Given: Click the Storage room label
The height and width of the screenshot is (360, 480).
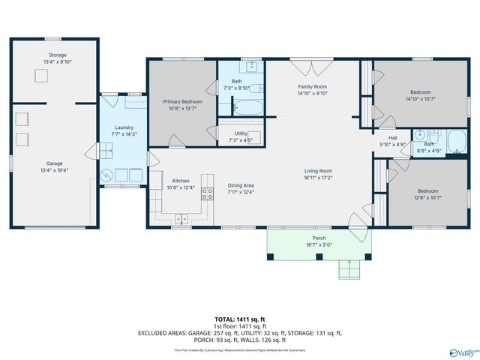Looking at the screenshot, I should pos(58,55).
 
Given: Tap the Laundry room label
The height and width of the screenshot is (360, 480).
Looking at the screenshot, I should pos(124,127).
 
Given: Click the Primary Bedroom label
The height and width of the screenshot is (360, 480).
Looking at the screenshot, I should pos(182,100).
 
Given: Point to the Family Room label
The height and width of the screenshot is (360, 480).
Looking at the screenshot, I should pos(312,87).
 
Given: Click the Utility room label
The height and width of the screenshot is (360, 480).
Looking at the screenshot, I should pos(241,133).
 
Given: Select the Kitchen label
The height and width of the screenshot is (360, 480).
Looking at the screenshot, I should pos(181,181).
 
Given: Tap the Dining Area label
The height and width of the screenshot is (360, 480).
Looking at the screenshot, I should pos(241,185).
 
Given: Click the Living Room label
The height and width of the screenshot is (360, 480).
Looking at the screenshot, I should pos(318,171).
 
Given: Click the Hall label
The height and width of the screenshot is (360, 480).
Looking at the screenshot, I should pos(392,137).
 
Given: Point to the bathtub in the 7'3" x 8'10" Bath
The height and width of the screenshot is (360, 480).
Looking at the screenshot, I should pos(247,108).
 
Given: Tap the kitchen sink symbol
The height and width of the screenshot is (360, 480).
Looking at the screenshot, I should pos(181,220).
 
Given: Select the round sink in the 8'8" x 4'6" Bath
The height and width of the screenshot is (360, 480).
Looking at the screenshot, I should pos(421,136).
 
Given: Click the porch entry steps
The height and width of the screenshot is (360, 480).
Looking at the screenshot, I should pos(348,268).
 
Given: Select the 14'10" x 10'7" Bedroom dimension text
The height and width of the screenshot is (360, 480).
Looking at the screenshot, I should pos(420,98).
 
